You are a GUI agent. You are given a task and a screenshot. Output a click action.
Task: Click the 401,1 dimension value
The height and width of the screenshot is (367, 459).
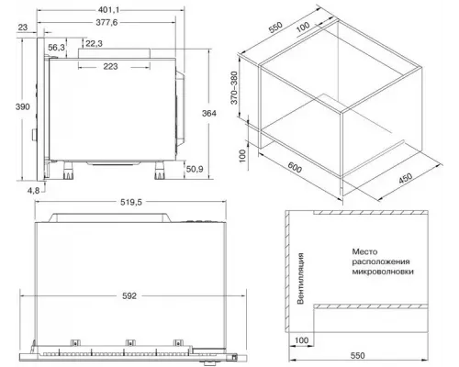tap(108, 10)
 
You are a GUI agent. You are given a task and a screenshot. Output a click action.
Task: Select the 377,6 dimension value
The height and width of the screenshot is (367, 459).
tap(106, 22)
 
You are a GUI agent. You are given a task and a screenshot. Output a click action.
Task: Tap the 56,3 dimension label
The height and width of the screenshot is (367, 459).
tap(57, 48)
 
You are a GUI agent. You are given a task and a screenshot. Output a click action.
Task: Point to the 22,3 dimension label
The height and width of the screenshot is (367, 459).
tap(94, 44)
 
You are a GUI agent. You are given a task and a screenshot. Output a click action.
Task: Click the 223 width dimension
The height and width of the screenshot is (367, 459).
tap(110, 66)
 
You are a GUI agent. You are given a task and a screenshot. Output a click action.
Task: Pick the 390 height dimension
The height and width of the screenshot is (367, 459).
tap(23, 106)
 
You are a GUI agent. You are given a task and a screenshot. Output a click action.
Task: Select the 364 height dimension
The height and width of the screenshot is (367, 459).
tap(209, 114)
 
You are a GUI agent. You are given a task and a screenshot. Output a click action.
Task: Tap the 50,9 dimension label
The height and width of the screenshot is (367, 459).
tap(195, 169)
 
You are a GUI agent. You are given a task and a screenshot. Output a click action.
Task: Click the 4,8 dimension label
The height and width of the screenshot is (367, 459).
tap(33, 191)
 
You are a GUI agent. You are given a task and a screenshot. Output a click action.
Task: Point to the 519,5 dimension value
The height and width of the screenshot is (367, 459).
tap(131, 202)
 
